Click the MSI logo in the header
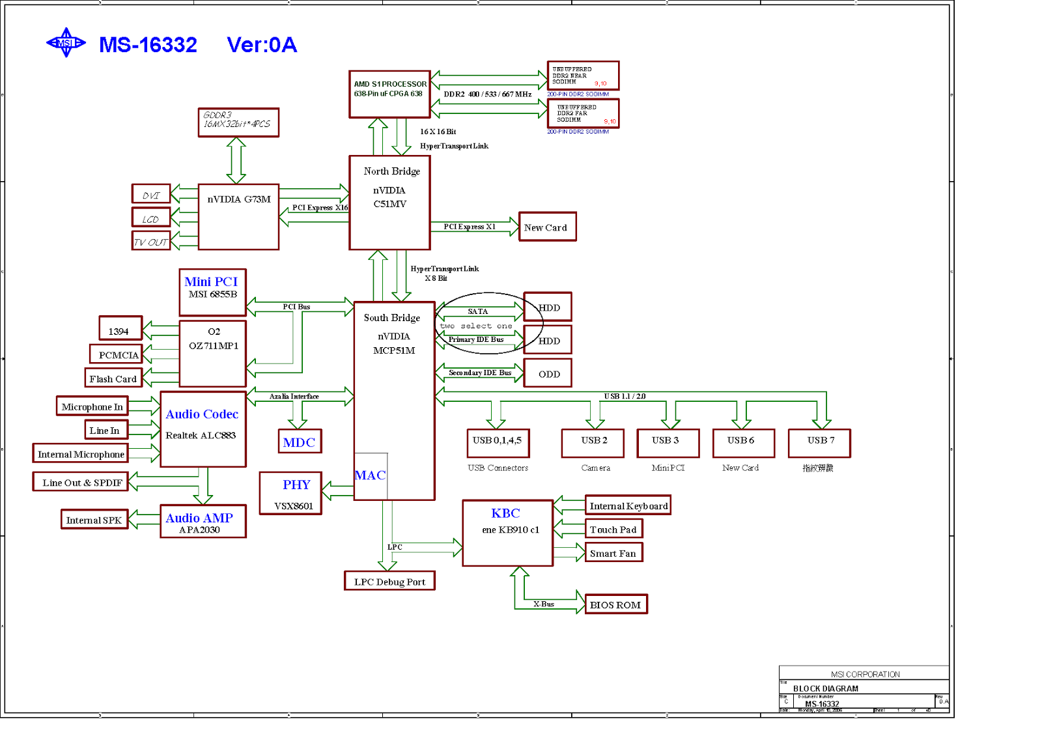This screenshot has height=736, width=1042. pos(66,43)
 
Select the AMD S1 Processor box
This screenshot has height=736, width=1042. pos(389,94)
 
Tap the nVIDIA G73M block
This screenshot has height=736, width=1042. pos(238,217)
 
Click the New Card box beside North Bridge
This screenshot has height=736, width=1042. pos(547,227)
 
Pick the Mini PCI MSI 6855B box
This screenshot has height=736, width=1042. pos(212,292)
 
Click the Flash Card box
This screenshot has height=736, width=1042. pos(113,378)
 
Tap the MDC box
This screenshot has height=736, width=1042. pos(300,441)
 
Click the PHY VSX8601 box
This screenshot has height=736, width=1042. pos(290,494)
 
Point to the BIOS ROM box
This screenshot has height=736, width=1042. pos(615,604)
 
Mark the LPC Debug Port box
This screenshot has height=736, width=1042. pos(389,581)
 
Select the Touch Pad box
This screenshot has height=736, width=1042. pos(613,529)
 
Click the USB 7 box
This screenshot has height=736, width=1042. pos(819,443)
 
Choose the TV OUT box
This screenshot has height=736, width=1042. pos(151,241)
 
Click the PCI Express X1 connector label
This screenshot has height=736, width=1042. pos(470,227)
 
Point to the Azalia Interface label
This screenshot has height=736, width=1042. pos(294,396)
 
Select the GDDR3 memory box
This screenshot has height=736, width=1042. pos(238,122)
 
